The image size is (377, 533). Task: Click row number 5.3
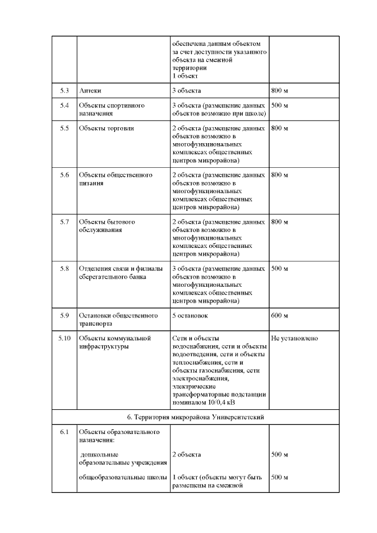click(x=64, y=91)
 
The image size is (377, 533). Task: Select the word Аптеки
click(x=90, y=91)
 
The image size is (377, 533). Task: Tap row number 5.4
click(x=64, y=105)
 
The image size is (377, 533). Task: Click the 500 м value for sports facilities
click(x=279, y=105)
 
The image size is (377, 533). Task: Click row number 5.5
click(x=64, y=128)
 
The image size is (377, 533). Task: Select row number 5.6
click(x=64, y=175)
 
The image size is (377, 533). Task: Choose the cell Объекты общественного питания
click(x=115, y=179)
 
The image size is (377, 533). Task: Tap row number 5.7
click(x=64, y=222)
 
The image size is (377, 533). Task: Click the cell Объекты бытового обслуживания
click(x=107, y=226)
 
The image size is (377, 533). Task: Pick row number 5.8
click(x=64, y=269)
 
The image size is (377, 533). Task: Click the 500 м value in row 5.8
click(x=279, y=269)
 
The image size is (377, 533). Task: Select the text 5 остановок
click(x=190, y=316)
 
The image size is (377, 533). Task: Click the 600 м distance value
click(x=279, y=316)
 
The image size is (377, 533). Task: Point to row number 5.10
click(x=64, y=339)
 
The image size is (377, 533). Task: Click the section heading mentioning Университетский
click(x=195, y=417)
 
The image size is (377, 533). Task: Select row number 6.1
click(x=64, y=432)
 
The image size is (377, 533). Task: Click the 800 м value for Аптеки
click(x=279, y=91)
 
